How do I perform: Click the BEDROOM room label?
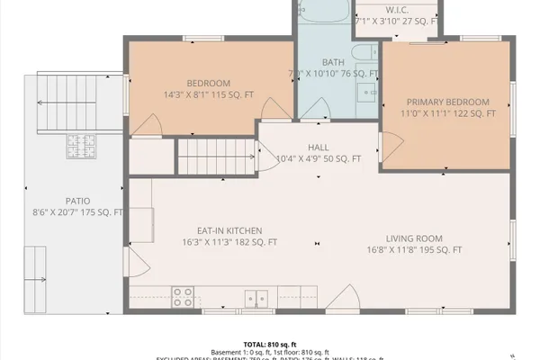tap(209, 82)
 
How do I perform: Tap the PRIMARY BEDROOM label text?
tap(447, 102)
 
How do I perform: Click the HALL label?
tap(318, 147)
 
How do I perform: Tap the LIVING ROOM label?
tap(414, 238)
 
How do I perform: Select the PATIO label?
tap(76, 201)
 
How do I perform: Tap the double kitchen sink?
tap(256, 296)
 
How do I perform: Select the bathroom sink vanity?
tap(366, 90)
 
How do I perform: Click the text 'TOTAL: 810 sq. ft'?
tap(269, 344)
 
